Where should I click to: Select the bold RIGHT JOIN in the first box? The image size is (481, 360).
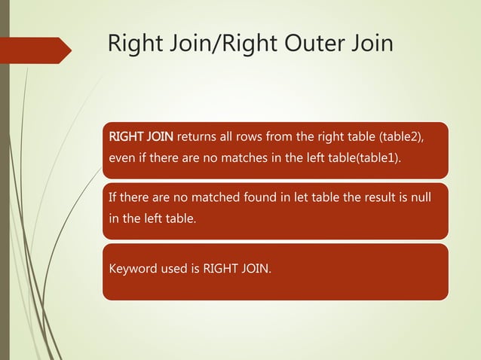(x=142, y=137)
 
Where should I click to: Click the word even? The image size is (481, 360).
(x=123, y=159)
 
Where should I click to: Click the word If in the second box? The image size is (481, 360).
(x=114, y=198)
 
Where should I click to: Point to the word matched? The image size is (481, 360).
(x=213, y=198)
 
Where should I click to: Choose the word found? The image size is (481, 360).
(x=262, y=198)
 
